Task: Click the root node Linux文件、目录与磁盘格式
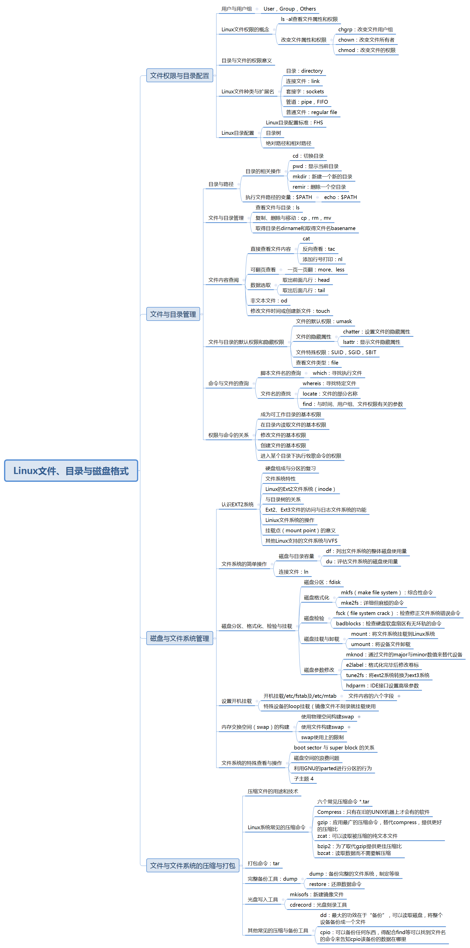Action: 71,471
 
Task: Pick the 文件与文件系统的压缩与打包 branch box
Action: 192,865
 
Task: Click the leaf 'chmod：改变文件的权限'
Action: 367,50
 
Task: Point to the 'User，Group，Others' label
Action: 289,9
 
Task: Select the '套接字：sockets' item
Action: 305,92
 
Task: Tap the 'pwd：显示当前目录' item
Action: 315,166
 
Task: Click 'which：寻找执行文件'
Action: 337,373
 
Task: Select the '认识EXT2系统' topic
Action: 237,505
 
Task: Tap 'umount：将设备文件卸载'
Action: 380,644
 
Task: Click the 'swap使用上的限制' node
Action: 322,737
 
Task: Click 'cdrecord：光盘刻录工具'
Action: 318,905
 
